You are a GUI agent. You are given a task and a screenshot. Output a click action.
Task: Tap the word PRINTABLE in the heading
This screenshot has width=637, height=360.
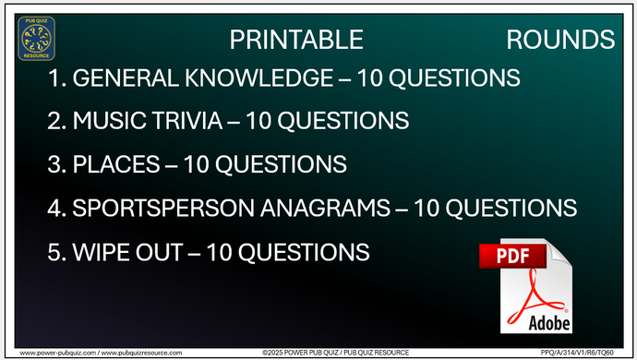[294, 40]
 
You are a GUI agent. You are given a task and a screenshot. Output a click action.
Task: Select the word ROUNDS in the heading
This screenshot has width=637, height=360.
[560, 40]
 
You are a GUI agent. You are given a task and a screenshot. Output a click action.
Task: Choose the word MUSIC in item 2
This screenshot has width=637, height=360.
[110, 122]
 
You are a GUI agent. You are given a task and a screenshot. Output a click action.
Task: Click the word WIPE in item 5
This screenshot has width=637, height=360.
[101, 251]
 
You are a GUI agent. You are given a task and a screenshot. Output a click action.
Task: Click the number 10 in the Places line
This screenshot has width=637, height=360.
[197, 165]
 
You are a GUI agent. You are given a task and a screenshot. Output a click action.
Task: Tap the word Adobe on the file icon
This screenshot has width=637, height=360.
[548, 322]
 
